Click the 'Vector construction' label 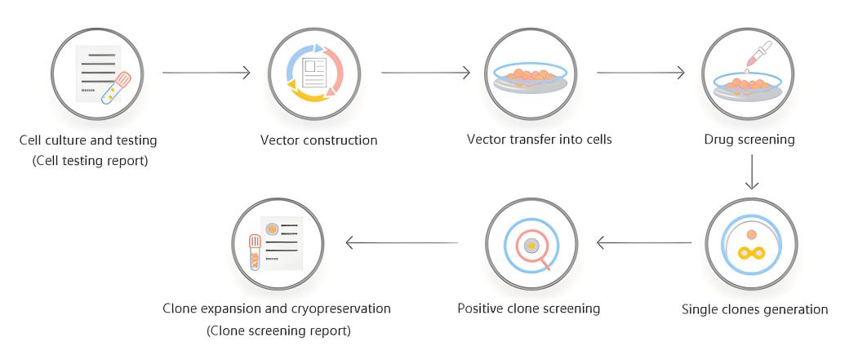click(319, 140)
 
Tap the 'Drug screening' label click(749, 140)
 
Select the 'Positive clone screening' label click(528, 309)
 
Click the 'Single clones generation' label click(754, 309)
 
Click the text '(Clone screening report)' click(278, 331)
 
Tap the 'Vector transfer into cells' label click(540, 139)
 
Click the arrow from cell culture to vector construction click(207, 72)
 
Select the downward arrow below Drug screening click(752, 171)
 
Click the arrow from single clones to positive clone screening click(644, 242)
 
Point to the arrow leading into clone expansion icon click(402, 242)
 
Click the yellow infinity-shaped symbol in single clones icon click(751, 253)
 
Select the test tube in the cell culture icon click(117, 88)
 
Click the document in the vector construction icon click(314, 73)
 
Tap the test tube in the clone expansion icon click(255, 251)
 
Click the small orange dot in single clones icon click(751, 234)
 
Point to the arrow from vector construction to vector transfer click(425, 72)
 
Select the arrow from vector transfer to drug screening click(641, 72)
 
